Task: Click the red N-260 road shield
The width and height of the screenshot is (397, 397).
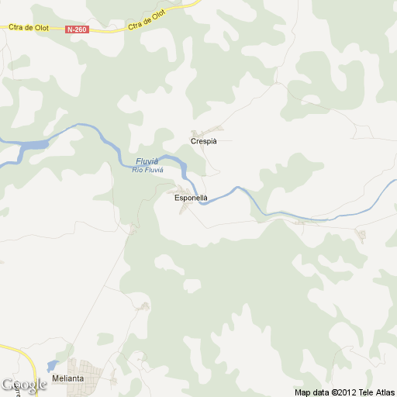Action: coord(78,29)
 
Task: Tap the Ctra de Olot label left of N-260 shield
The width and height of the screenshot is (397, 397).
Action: coord(29,28)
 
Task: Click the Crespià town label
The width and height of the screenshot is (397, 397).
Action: coord(204,141)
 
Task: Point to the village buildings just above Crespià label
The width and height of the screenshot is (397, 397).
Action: coord(207,131)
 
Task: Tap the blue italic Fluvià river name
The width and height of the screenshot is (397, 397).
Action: coord(147,161)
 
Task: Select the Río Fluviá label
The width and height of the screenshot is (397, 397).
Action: coord(147,169)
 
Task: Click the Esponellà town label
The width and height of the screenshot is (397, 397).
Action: coord(191,198)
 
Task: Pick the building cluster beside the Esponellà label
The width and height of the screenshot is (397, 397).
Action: coord(184,191)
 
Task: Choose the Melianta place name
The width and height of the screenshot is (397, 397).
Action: coord(67,378)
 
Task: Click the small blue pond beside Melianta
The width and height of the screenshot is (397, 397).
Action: coord(52,365)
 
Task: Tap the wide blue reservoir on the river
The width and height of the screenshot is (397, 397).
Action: coord(31,145)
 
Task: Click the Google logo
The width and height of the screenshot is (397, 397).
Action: coord(23,385)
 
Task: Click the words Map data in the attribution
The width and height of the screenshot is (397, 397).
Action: coord(312,392)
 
